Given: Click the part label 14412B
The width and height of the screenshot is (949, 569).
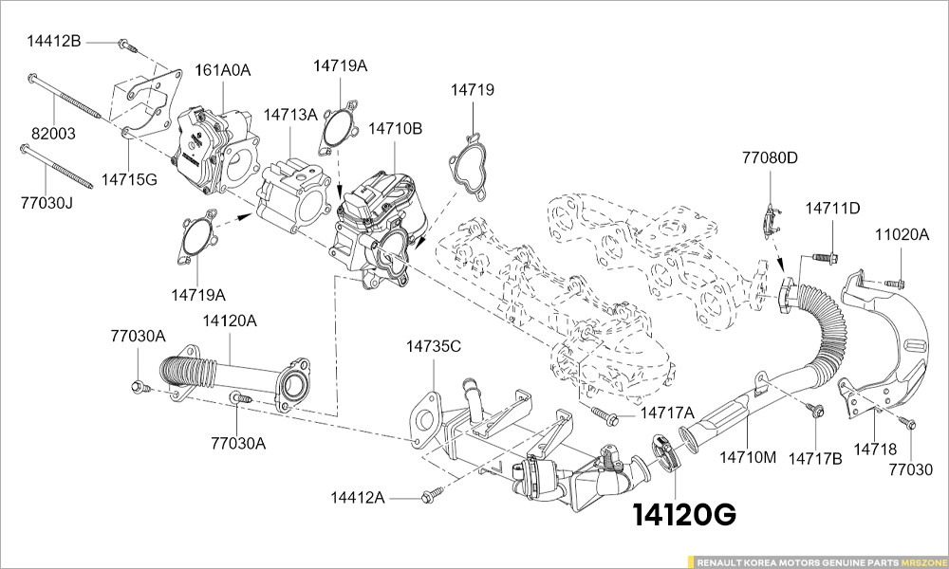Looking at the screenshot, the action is point(53,42).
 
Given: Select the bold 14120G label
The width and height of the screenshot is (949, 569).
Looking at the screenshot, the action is point(684,516).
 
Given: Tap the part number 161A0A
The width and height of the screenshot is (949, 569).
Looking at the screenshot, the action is point(222,70).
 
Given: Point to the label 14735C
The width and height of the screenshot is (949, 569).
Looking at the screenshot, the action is point(434,346).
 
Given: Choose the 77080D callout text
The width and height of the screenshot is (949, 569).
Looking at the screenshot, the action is point(771,158).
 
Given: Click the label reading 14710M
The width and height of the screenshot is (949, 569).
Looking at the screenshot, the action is point(748,457).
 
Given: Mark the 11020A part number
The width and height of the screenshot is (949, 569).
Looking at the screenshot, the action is point(902,235).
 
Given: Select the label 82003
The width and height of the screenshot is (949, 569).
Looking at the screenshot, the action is point(53,134).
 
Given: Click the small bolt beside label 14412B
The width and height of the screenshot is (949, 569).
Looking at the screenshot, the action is point(126,45).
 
